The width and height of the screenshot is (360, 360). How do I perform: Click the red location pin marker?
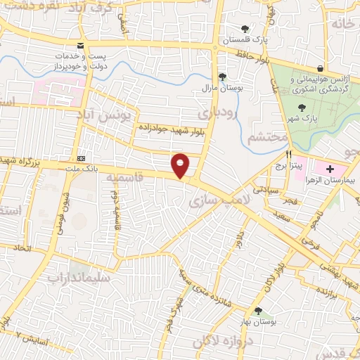pos(181,166)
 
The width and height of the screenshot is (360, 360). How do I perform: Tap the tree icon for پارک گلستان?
pos(244,29)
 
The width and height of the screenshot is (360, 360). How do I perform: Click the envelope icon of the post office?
pos(81,46)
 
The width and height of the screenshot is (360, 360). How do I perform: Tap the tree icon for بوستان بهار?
pos(257,310)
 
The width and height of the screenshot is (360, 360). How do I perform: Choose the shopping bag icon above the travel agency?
pos(321,68)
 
